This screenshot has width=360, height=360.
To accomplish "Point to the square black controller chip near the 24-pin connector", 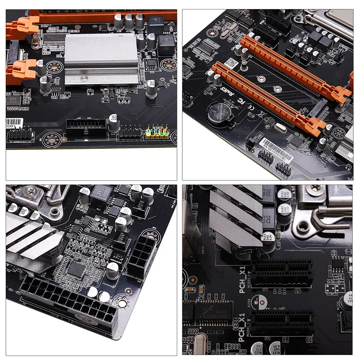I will (x=76, y=270).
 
